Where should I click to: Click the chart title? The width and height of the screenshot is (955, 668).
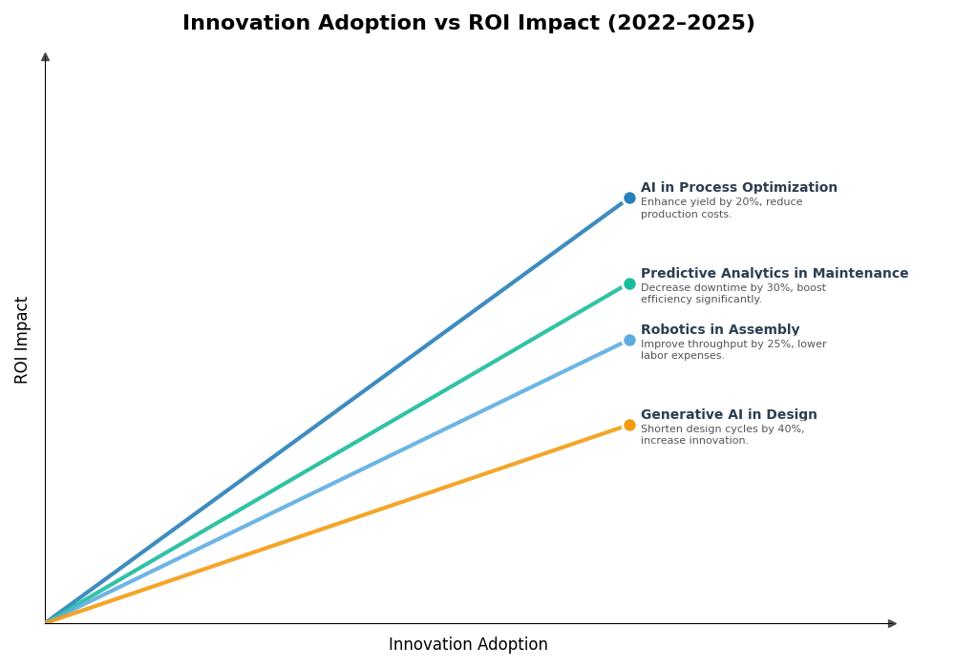[x=468, y=24]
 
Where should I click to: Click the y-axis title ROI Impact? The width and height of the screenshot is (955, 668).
[x=22, y=340]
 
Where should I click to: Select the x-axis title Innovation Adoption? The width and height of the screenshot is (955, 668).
[x=468, y=645]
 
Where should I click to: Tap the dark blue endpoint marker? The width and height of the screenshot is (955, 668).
[x=629, y=198]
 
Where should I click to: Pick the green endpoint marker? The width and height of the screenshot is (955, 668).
[x=629, y=283]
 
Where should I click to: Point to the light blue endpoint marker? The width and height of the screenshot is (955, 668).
[x=629, y=340]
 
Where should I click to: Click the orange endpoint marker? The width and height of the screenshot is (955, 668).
[x=629, y=426]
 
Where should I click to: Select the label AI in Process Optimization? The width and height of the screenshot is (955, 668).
[x=738, y=188]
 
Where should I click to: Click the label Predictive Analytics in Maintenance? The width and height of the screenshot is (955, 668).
[x=774, y=274]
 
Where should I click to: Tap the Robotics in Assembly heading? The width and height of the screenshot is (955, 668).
[x=719, y=330]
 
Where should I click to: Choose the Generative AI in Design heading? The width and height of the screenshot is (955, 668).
[x=729, y=415]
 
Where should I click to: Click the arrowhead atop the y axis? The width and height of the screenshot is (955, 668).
[x=45, y=57]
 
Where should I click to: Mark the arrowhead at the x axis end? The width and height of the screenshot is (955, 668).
[x=892, y=624]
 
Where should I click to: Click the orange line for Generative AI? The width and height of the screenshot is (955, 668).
[x=334, y=525]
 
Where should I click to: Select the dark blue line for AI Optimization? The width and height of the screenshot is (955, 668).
[x=334, y=410]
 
